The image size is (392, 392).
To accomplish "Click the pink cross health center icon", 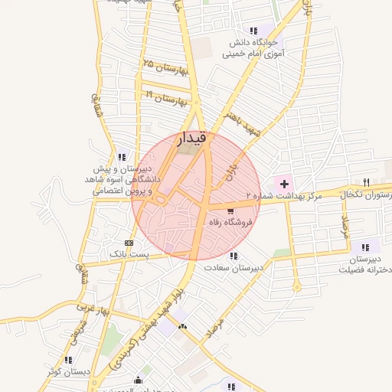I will pyautogui.click(x=285, y=184).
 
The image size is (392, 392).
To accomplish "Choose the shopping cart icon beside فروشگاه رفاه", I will pyautogui.click(x=231, y=211).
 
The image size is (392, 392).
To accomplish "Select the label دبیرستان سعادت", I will pyautogui.click(x=234, y=268).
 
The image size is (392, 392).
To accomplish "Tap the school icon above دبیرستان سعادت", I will pyautogui.click(x=234, y=256).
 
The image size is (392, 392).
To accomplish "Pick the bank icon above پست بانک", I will pyautogui.click(x=128, y=242).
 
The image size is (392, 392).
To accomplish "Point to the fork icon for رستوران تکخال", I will pyautogui.click(x=366, y=182).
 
